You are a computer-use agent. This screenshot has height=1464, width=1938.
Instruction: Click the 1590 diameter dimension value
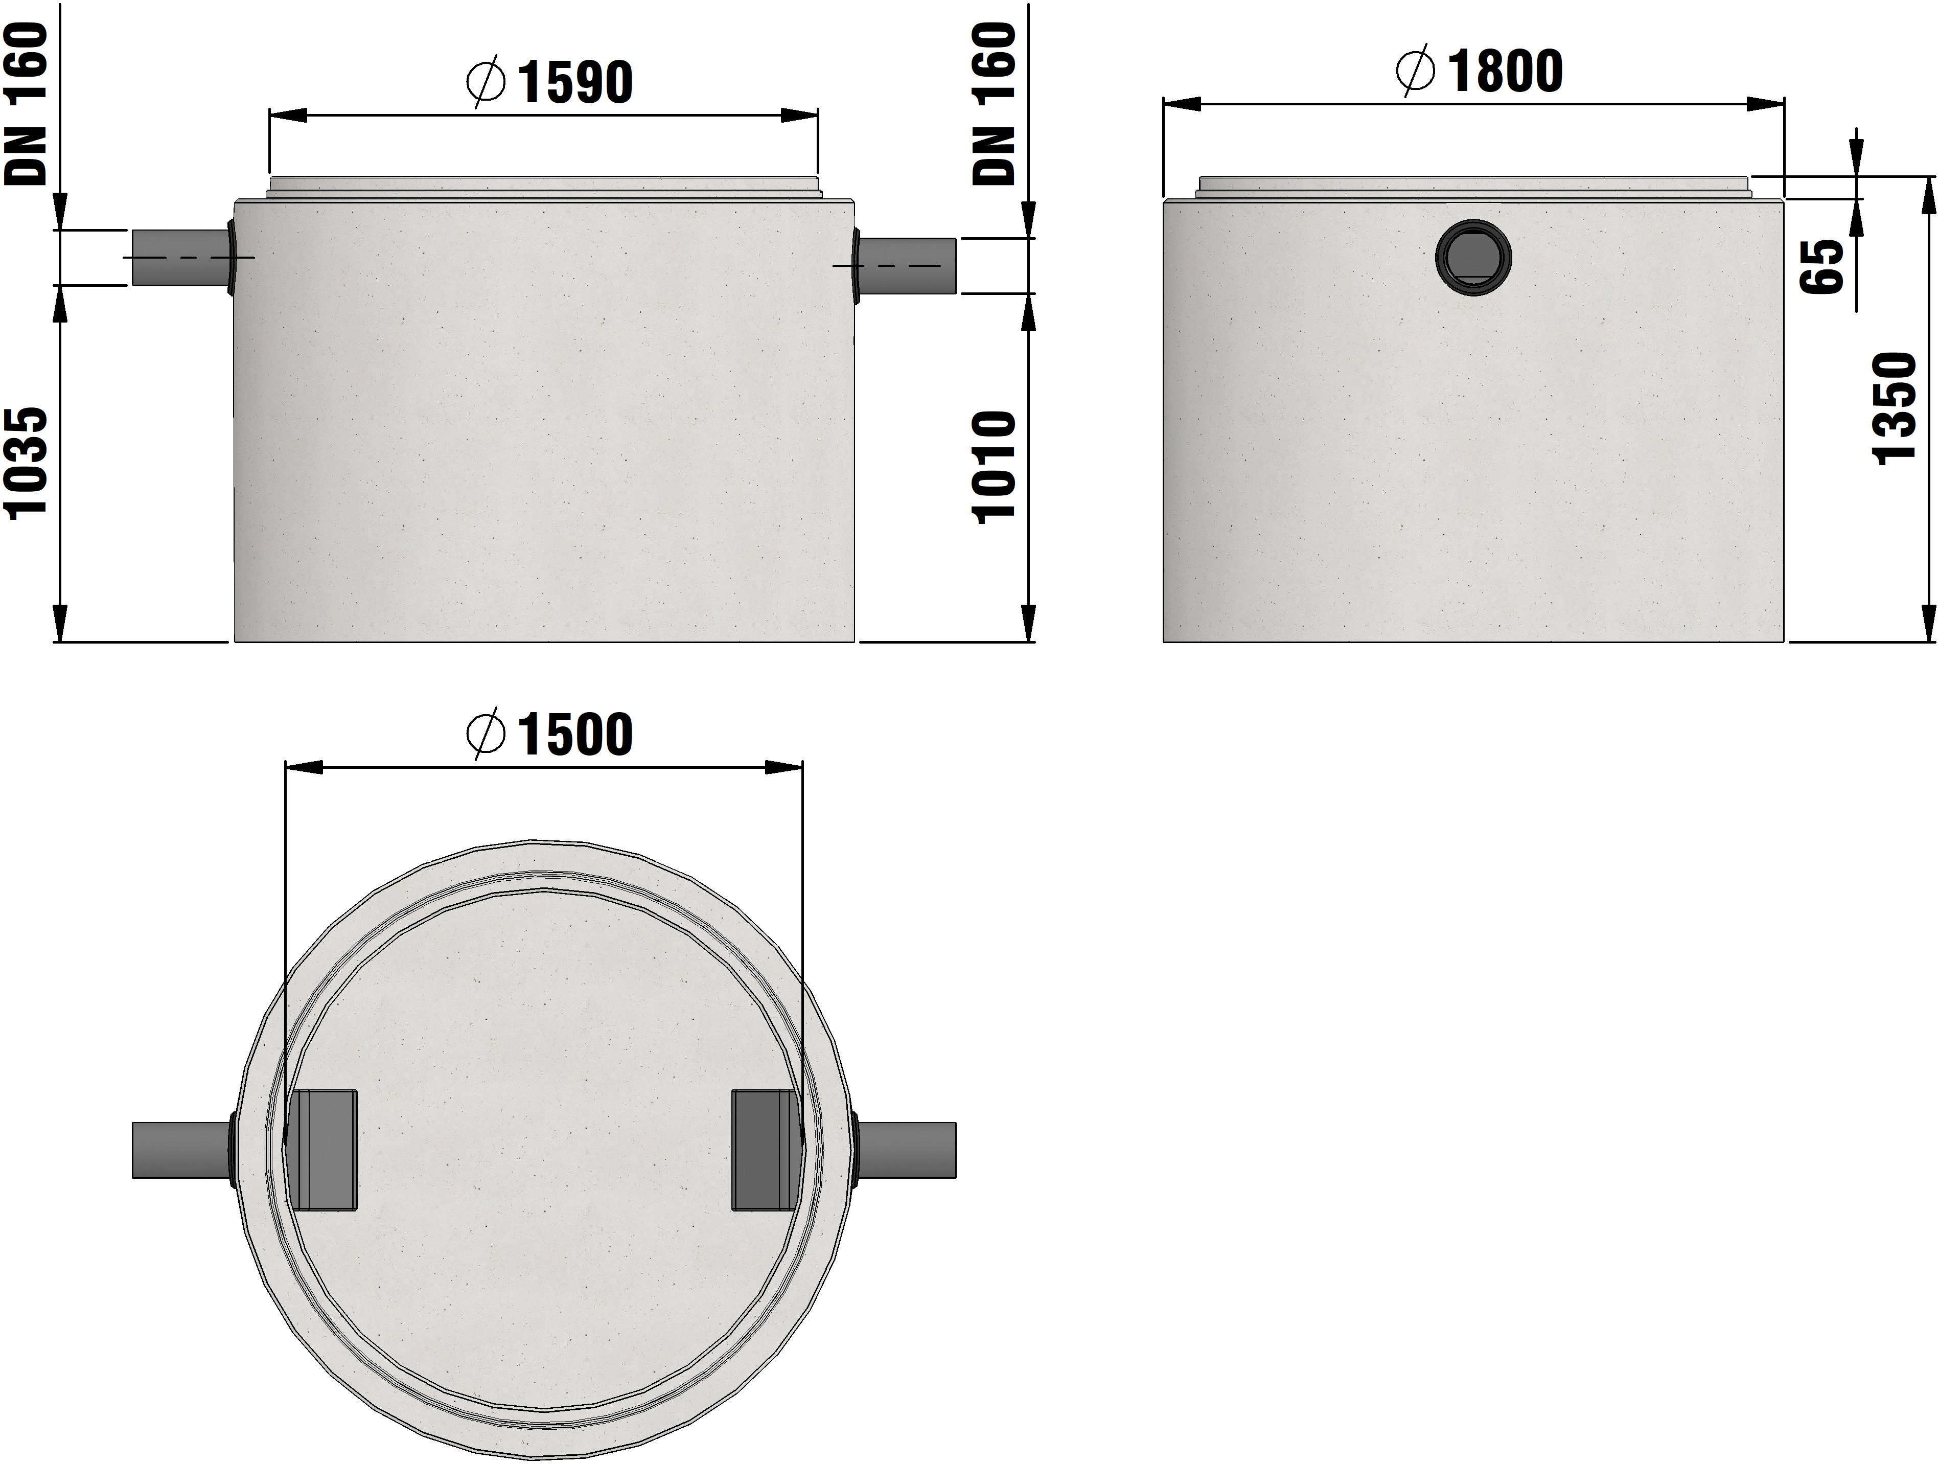click(575, 82)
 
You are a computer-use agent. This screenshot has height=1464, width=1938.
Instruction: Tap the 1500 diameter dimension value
click(575, 734)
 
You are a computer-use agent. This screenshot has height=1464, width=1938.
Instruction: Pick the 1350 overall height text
click(1894, 408)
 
